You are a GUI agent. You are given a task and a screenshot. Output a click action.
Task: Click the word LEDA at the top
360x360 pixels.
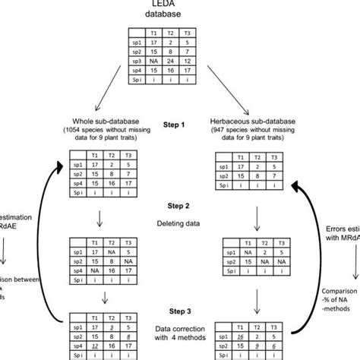pos(180,5)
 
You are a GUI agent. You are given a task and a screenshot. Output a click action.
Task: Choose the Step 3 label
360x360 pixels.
pos(180,311)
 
